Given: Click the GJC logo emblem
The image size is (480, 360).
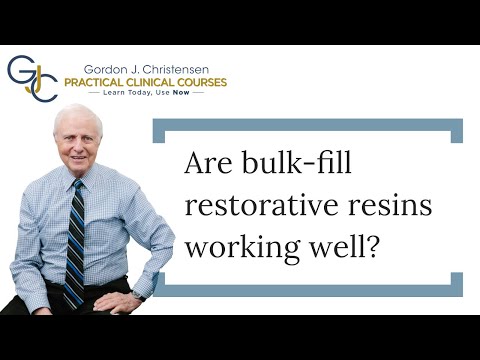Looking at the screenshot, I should (x=32, y=77).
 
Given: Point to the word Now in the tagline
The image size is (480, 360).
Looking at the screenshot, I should (x=180, y=91).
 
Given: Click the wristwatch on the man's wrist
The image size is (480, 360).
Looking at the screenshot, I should (x=138, y=295).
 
